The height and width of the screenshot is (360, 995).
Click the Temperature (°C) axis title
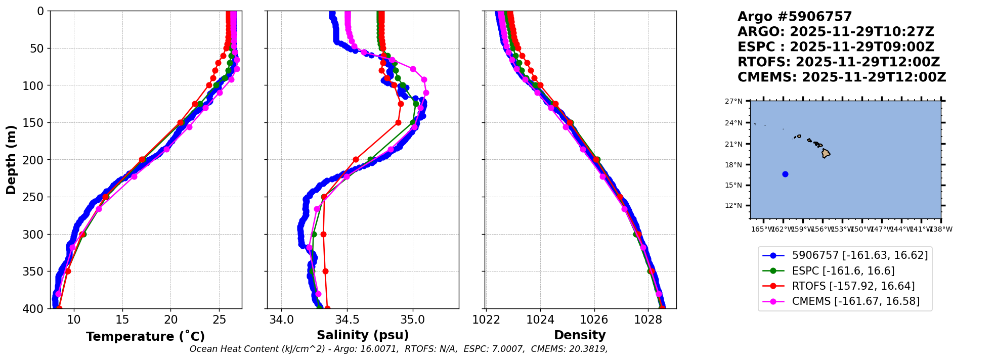(145, 337)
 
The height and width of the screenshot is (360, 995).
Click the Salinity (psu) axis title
(363, 335)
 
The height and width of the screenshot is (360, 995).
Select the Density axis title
(580, 335)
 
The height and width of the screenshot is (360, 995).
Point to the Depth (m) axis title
(11, 159)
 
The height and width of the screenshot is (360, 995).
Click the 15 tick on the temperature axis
(122, 320)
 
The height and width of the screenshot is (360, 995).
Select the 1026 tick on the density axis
(594, 320)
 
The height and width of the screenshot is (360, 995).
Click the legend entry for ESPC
(843, 271)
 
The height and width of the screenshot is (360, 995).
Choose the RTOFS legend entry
(853, 286)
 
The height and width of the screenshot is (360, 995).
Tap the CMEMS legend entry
(855, 301)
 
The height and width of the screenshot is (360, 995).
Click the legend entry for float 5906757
(859, 256)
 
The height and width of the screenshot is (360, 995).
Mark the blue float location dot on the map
(785, 174)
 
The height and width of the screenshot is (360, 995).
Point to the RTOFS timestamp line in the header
(838, 62)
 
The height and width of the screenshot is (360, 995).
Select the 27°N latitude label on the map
(733, 102)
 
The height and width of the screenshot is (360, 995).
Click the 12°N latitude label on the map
(733, 206)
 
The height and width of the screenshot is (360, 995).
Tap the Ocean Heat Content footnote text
(398, 349)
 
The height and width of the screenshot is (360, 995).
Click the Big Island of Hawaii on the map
(826, 153)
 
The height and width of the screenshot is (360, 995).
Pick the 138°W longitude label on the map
(941, 229)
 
